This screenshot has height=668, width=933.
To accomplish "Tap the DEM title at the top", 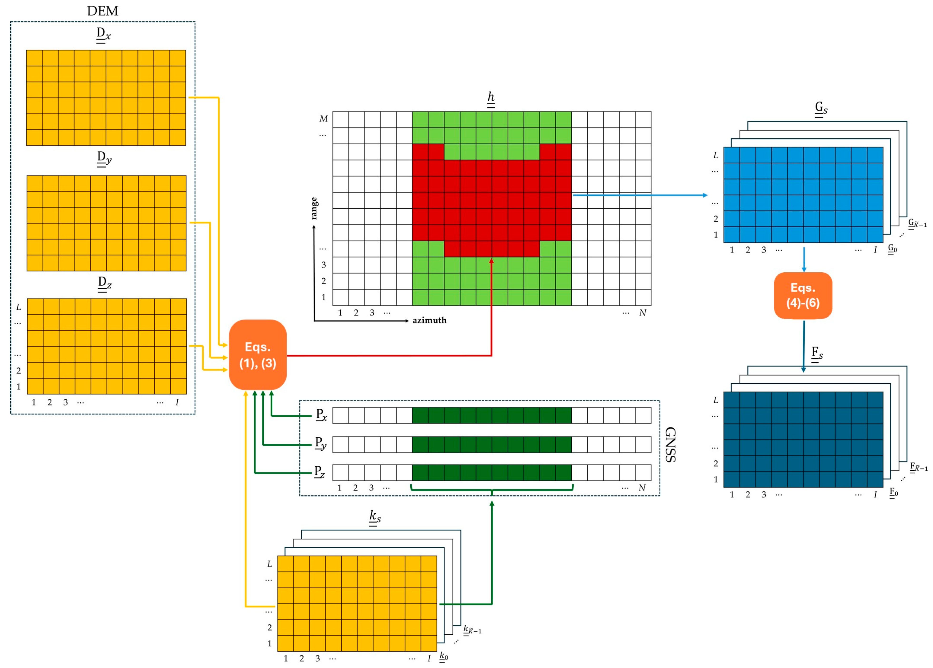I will [103, 11].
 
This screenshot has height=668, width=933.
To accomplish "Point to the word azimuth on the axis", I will [429, 320].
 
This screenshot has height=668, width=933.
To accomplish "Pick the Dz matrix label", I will [104, 283].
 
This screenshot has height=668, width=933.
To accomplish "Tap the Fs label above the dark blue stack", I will [817, 354].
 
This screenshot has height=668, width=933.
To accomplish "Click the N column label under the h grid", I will [642, 313].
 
